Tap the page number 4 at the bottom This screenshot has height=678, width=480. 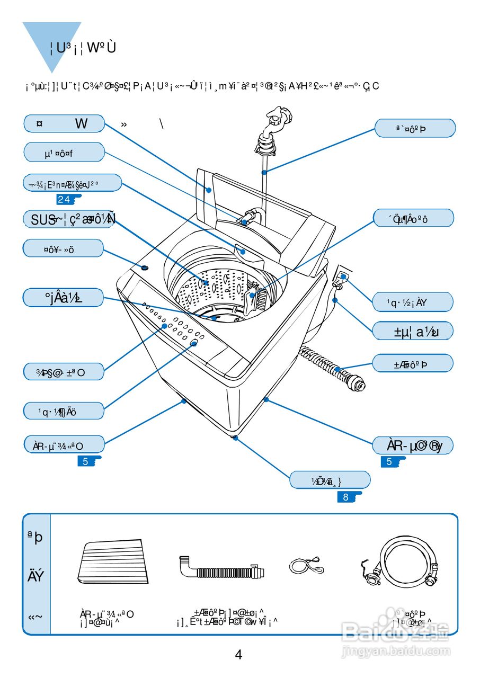(238, 655)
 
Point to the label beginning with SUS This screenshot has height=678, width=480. (69, 219)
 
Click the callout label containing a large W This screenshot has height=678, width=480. (64, 124)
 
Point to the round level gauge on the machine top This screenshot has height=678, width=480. (145, 268)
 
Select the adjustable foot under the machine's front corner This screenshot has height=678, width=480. (235, 437)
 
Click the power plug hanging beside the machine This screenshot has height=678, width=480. (342, 278)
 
